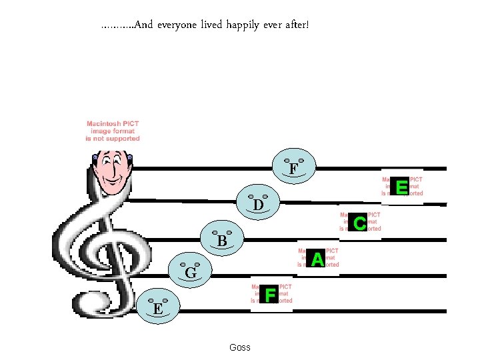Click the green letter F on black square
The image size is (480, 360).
(x=270, y=294)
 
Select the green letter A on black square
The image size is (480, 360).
(x=317, y=259)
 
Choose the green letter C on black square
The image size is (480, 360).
(x=359, y=223)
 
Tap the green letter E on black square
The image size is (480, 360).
(x=401, y=187)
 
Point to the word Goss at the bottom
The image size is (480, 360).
(x=239, y=347)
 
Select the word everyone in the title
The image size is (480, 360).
(x=179, y=26)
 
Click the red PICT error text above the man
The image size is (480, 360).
(x=113, y=131)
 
